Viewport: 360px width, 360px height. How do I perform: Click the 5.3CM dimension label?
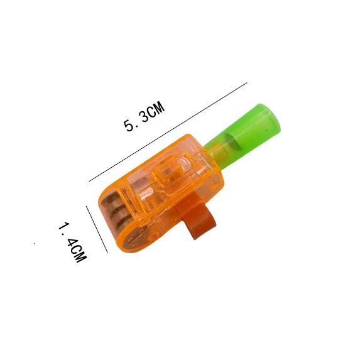144,117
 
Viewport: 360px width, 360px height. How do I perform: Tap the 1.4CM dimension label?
73,243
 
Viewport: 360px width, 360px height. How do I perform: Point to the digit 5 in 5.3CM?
129,126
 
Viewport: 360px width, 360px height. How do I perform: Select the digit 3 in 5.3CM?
145,116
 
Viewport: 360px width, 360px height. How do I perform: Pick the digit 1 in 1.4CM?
63,226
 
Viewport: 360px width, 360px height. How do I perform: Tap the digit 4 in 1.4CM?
73,243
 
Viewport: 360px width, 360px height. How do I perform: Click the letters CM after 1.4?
79,254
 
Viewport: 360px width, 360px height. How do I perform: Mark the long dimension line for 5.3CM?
168,132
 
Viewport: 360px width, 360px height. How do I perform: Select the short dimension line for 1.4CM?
97,229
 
